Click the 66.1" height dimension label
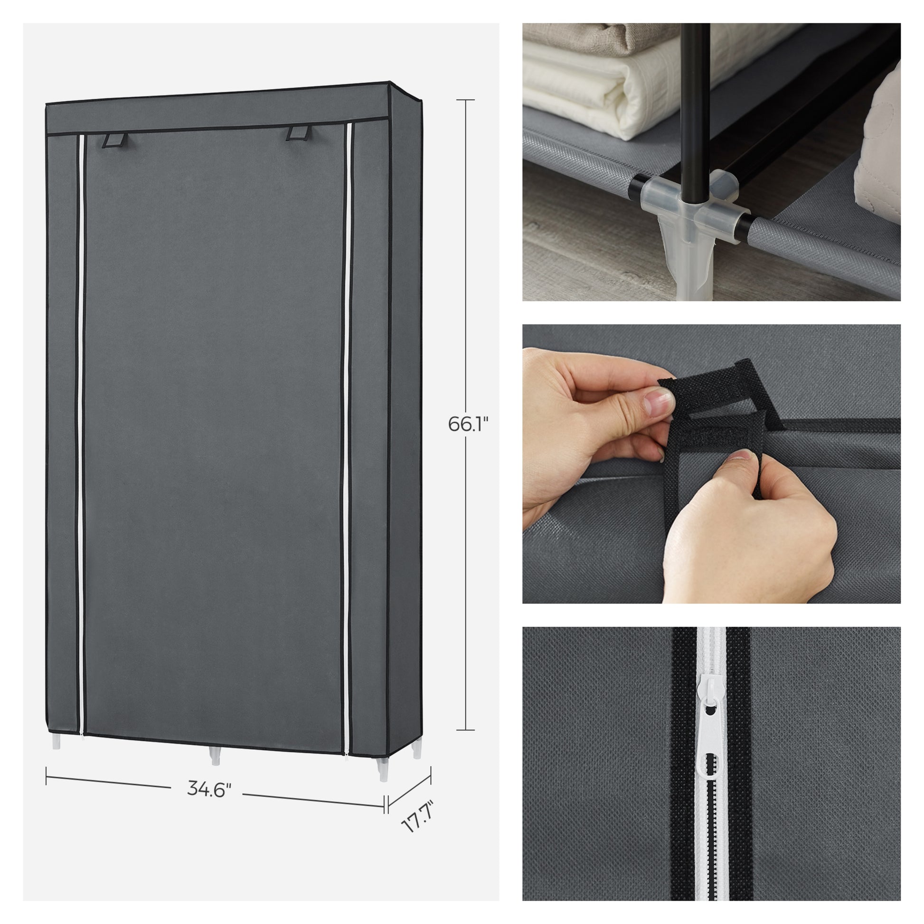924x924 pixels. click(468, 424)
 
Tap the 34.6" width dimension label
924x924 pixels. click(209, 789)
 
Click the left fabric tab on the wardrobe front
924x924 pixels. click(115, 140)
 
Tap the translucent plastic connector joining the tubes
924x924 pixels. click(692, 206)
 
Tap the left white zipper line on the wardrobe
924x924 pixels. click(81, 435)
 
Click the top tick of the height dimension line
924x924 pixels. click(465, 100)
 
